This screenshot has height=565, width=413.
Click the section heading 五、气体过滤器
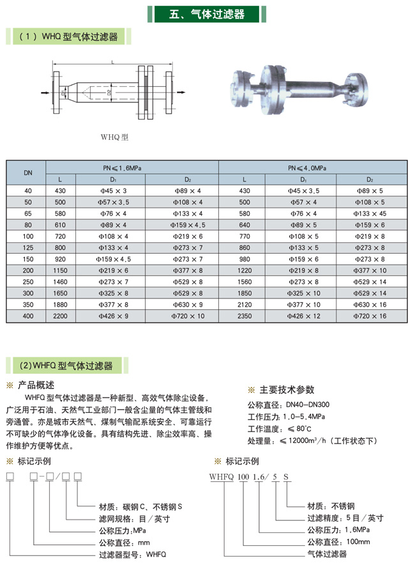(207, 14)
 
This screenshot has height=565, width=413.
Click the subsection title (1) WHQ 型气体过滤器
(70, 38)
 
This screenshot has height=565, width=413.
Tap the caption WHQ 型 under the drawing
(115, 136)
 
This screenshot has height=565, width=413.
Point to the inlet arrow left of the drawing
(47, 93)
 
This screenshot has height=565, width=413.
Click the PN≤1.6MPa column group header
(123, 167)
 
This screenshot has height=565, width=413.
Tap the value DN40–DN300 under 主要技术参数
(307, 405)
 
